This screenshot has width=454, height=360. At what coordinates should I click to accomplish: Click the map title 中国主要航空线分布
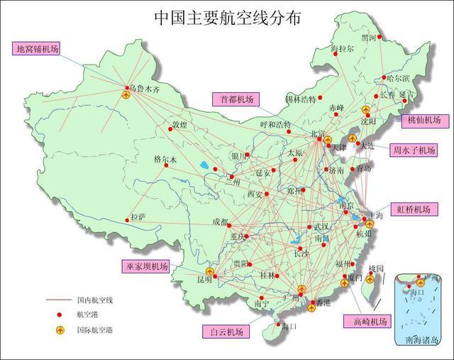coord(226,18)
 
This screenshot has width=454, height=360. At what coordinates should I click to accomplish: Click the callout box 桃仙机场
coord(424,120)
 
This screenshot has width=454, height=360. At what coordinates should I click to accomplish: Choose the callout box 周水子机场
coord(415,150)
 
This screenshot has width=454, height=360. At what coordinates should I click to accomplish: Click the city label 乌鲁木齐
coord(143,90)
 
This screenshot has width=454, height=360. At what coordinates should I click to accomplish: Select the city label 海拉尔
coord(343,49)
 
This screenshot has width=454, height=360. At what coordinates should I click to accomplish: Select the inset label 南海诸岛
coord(421,340)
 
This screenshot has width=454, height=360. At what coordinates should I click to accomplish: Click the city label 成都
coord(220,222)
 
